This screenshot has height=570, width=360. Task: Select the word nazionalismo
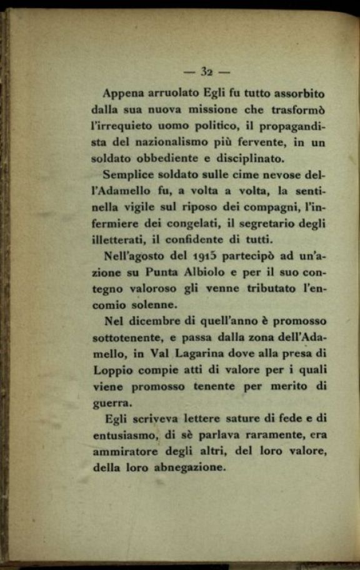[x=177, y=142]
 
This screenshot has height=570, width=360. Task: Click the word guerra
[x=108, y=403]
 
